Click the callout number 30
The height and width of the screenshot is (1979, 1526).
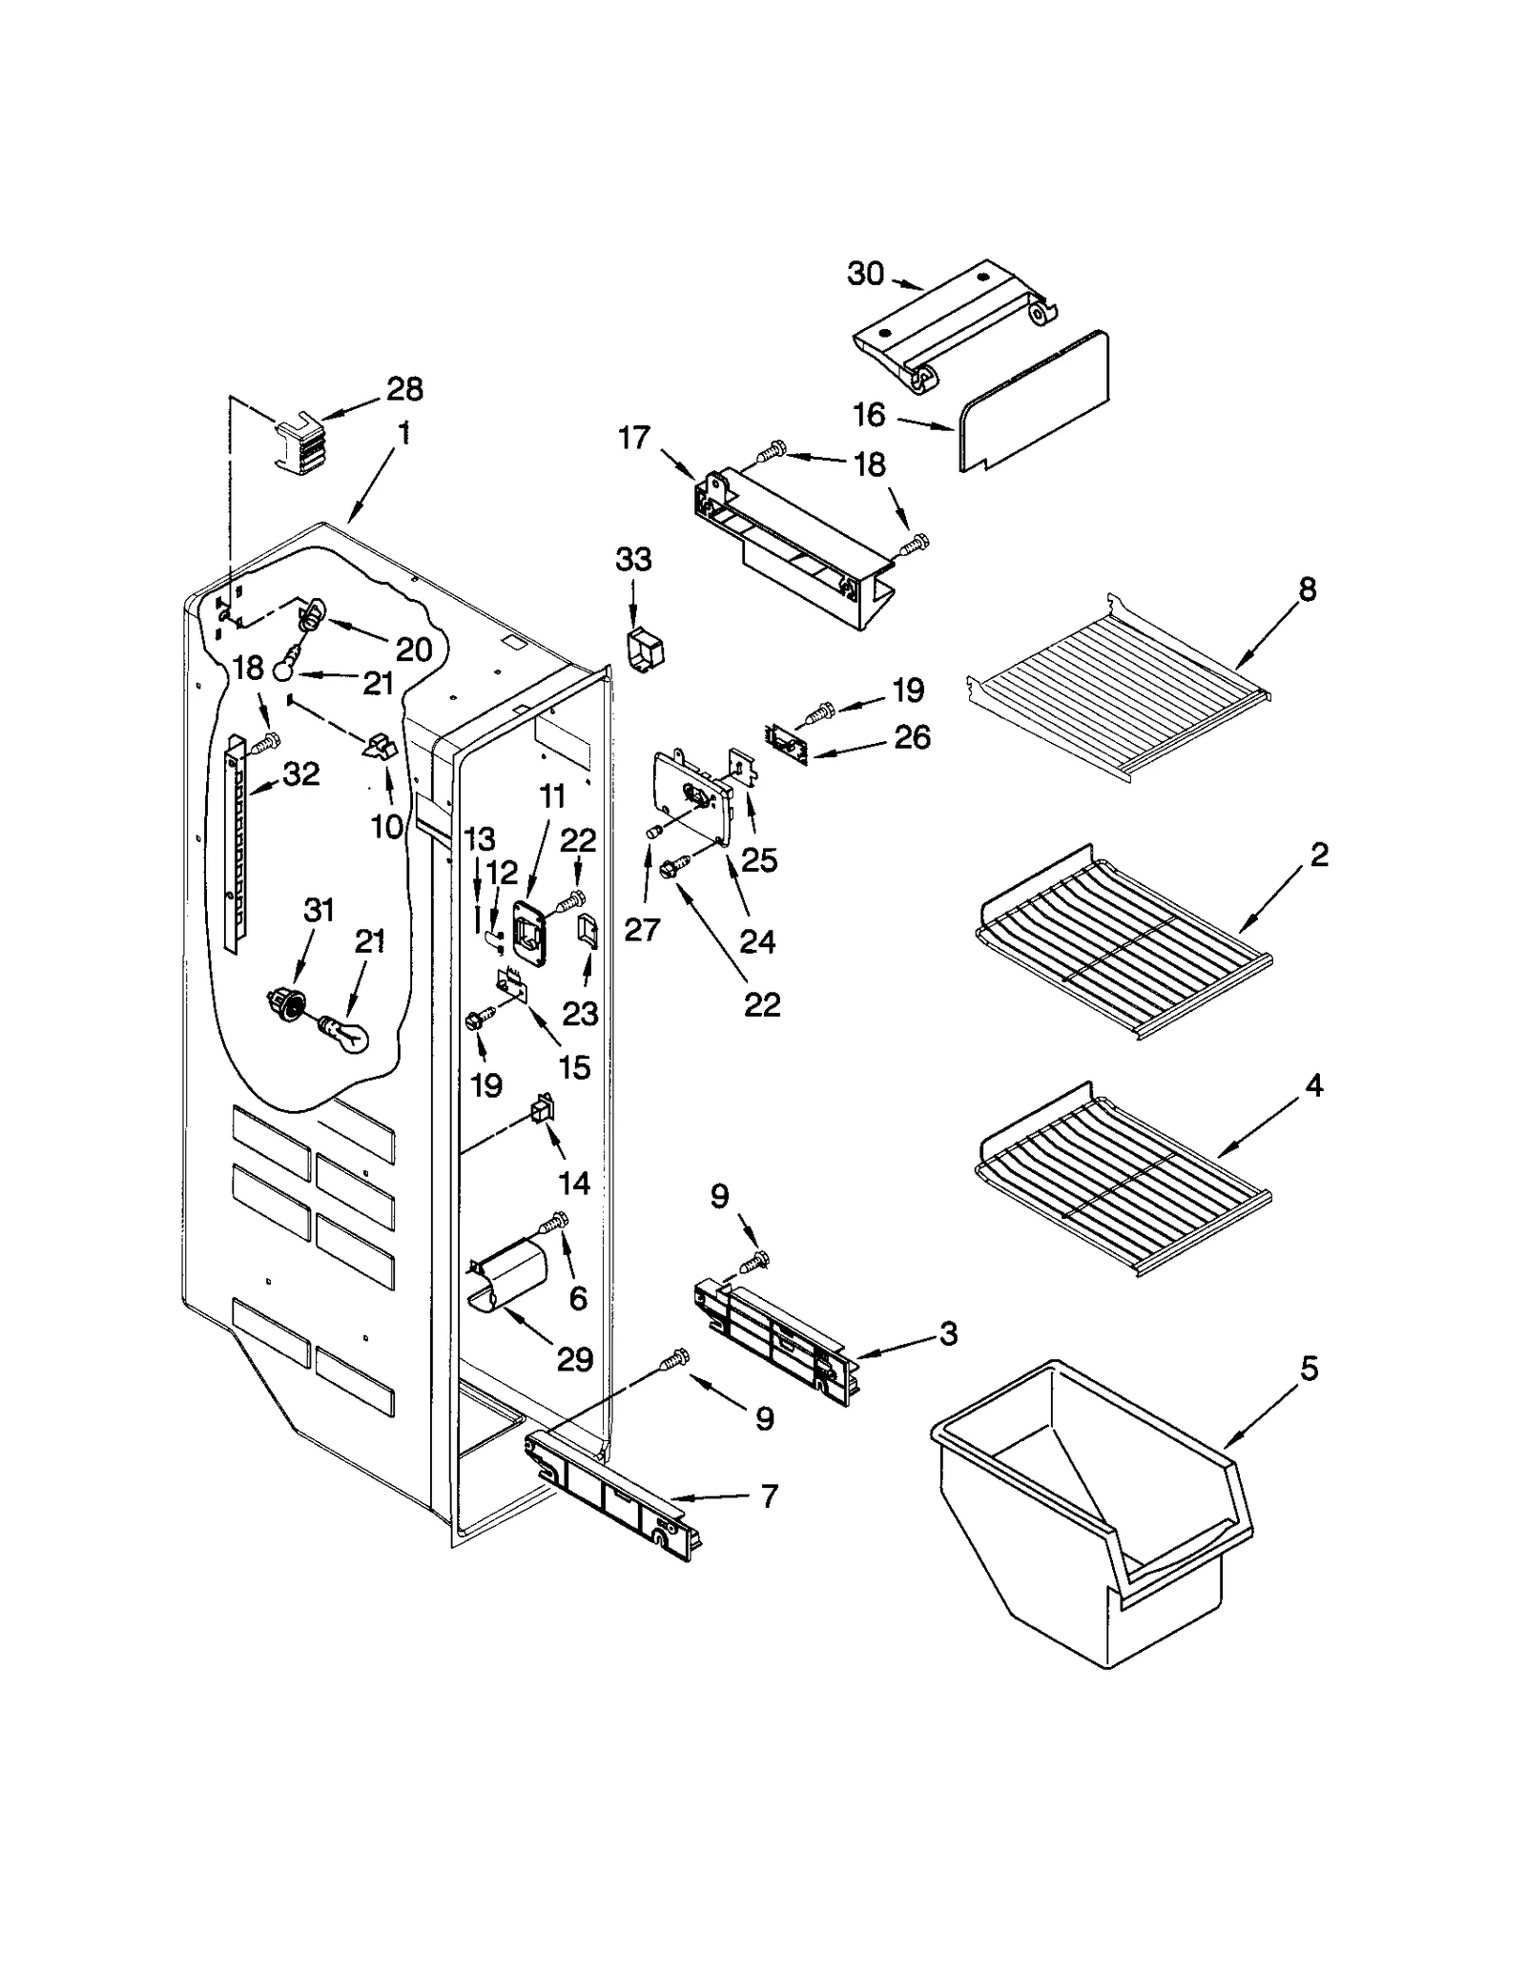[865, 274]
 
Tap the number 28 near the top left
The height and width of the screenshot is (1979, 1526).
[404, 388]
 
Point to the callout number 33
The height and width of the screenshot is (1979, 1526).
[633, 559]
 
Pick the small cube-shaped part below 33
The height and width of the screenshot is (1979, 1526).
[647, 652]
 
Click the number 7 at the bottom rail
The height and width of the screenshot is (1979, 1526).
[769, 1495]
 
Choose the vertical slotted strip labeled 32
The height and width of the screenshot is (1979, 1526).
[235, 841]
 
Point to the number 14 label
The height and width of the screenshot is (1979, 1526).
[574, 1183]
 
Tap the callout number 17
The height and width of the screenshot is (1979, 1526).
[633, 438]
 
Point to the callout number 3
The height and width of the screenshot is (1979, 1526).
[947, 1333]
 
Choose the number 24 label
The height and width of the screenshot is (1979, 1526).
[757, 941]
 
